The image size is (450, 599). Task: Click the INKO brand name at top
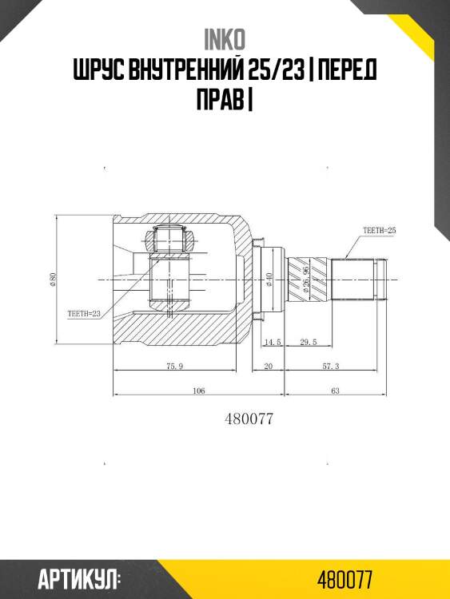[225, 40]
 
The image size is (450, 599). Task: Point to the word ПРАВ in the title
[220, 99]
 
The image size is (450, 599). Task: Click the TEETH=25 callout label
[380, 230]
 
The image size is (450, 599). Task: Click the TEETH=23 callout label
[84, 314]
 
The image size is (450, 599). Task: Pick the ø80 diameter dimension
[53, 280]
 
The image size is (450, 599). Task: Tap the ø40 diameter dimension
[269, 280]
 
